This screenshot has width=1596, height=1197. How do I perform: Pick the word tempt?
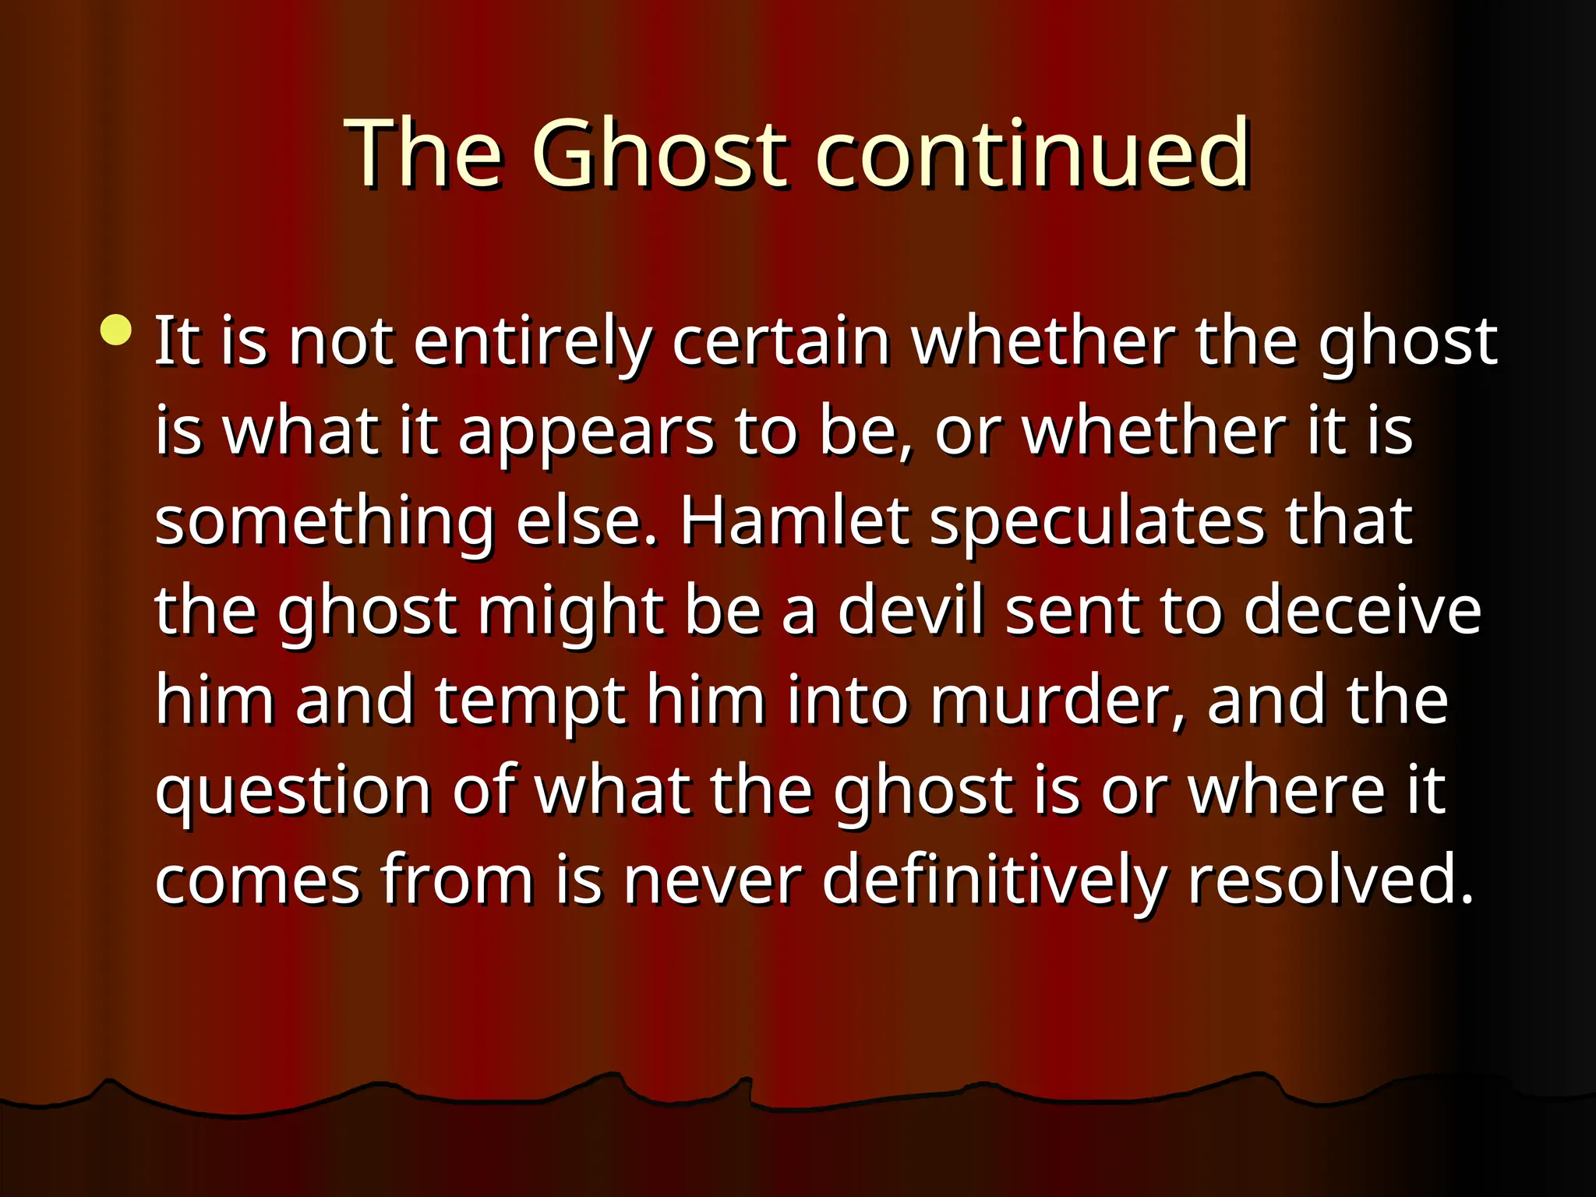click(x=531, y=702)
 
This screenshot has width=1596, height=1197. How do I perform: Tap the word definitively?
click(x=994, y=881)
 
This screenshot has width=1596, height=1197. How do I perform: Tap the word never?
click(x=712, y=881)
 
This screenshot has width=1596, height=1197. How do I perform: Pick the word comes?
click(x=257, y=881)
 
